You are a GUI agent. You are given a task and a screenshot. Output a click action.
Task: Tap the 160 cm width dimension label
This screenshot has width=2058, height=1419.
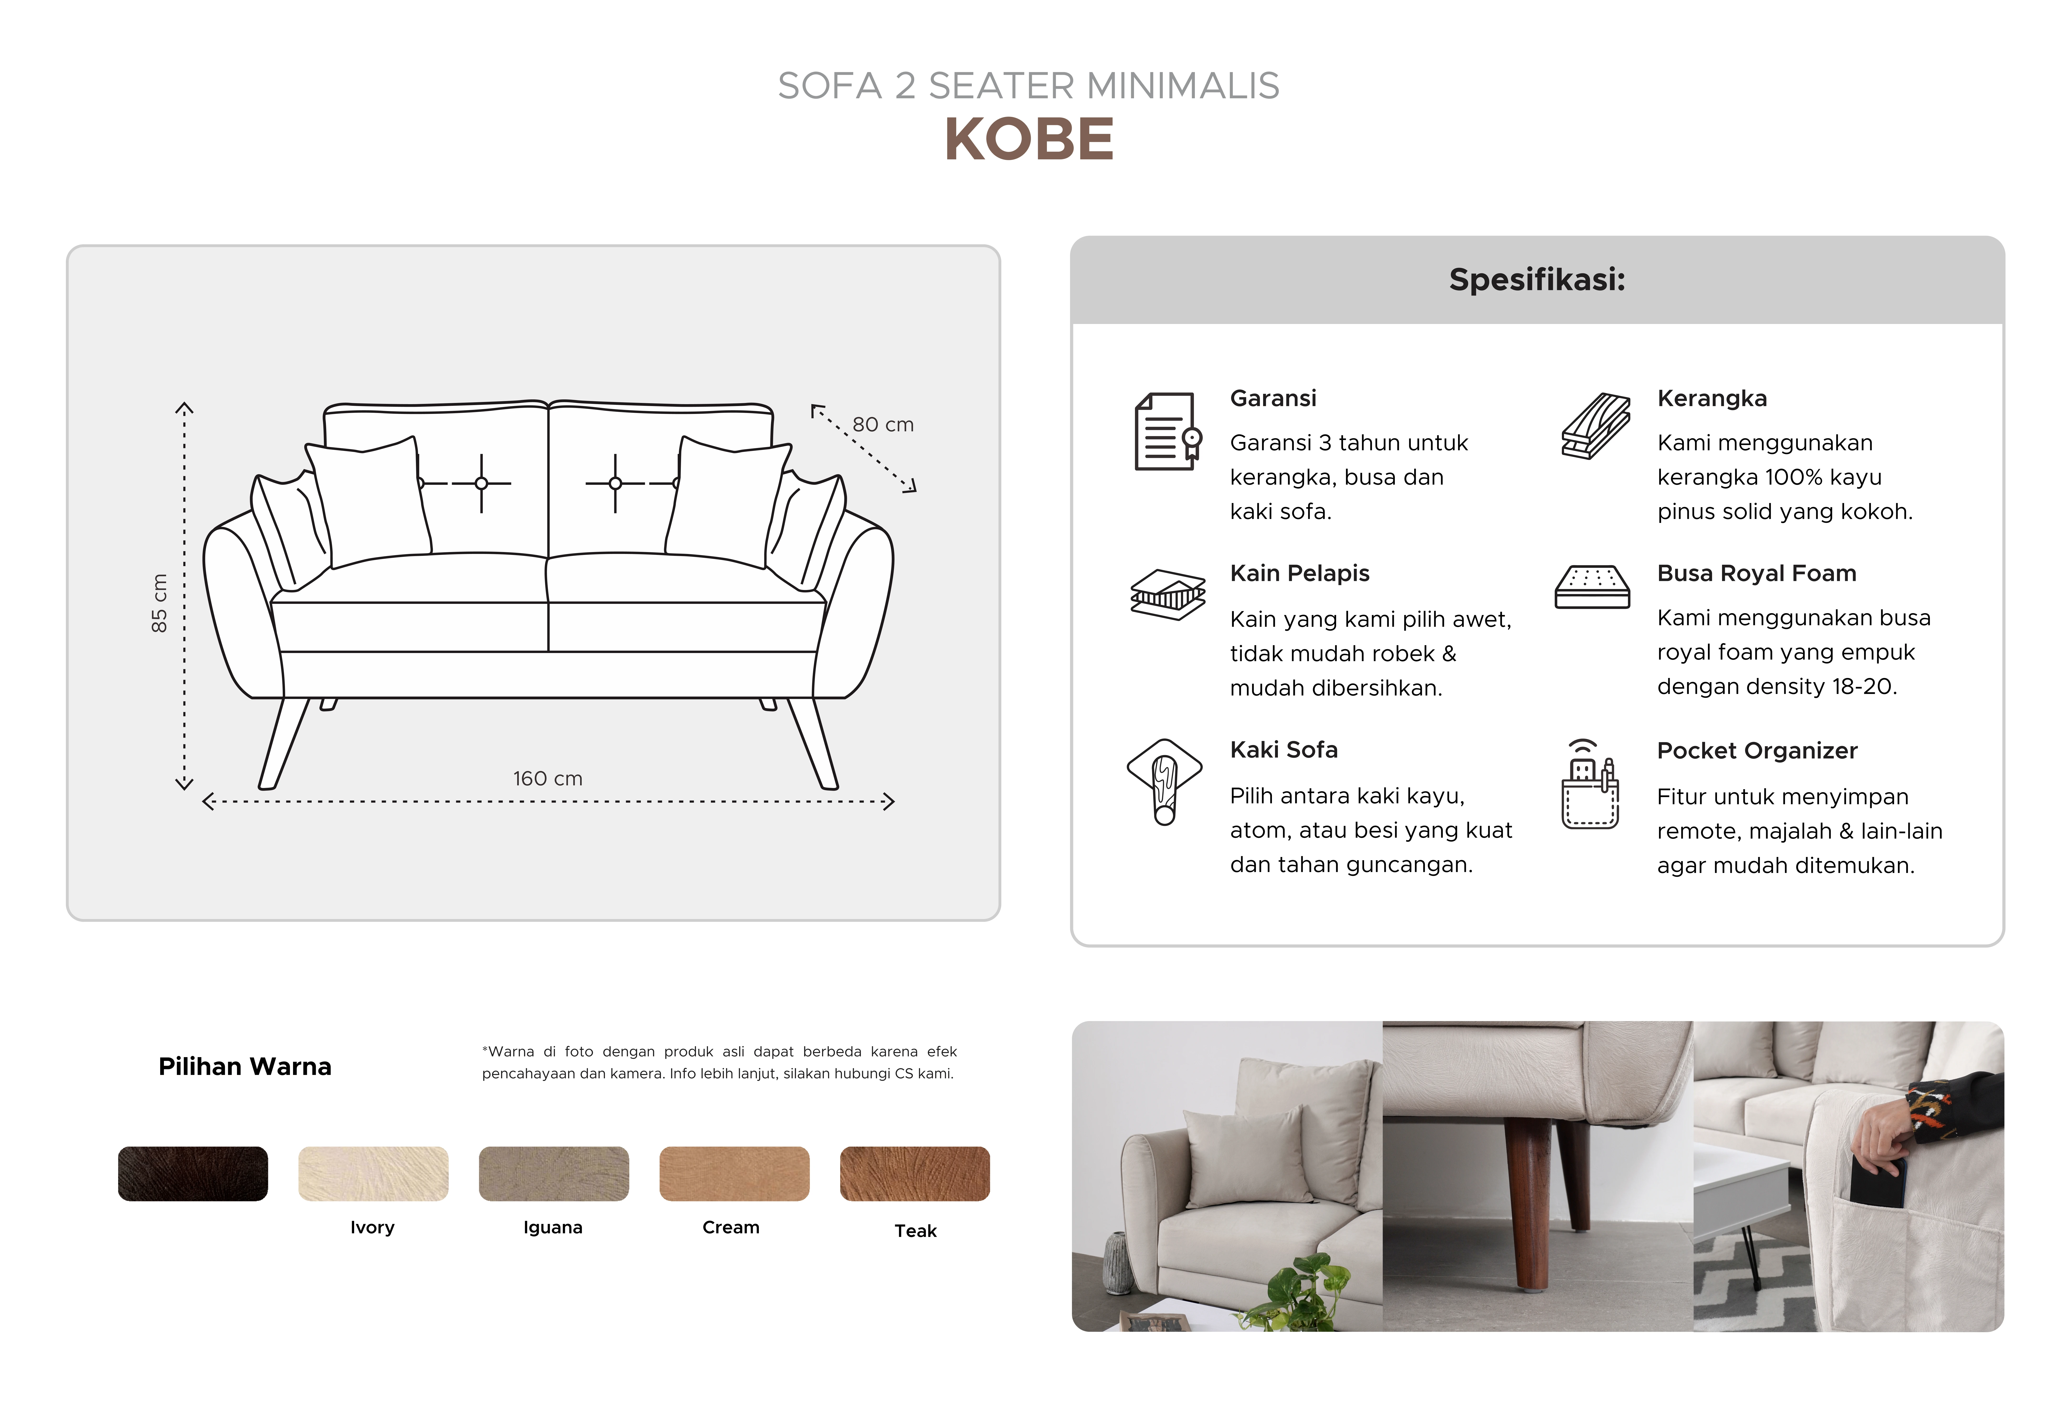click(x=548, y=779)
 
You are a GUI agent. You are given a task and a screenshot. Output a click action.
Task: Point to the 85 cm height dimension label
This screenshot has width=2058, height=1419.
click(x=159, y=603)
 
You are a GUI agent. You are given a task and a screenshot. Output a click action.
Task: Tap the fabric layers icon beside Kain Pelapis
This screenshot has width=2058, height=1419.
click(x=1168, y=594)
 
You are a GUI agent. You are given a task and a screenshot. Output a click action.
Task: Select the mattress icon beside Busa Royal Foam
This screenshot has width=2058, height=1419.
click(x=1592, y=587)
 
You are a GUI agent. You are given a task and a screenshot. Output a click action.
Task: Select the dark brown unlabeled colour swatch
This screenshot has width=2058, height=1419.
click(x=193, y=1174)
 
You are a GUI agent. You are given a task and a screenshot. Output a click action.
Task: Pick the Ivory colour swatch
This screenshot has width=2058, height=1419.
click(x=373, y=1174)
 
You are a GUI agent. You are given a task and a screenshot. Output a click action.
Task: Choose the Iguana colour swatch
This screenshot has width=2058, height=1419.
click(x=554, y=1174)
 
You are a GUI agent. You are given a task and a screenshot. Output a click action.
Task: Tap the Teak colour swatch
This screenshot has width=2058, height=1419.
click(x=915, y=1174)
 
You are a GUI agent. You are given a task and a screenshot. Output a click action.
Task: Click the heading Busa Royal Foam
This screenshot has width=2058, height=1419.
click(x=1757, y=574)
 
